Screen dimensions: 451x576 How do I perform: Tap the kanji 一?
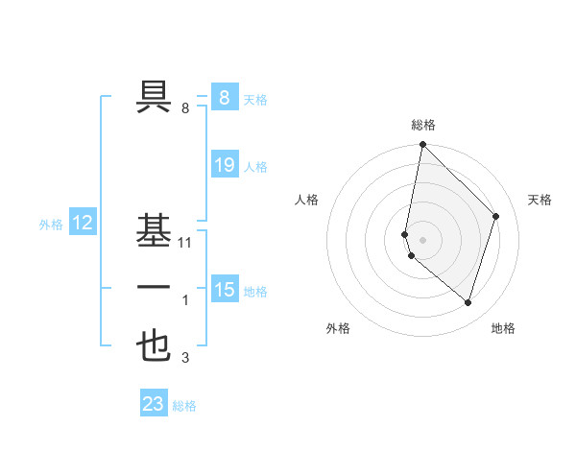tap(154, 289)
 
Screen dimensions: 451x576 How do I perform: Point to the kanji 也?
tap(154, 346)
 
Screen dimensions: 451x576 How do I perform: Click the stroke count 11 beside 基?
tap(185, 243)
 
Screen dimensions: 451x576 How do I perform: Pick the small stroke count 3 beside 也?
tap(185, 359)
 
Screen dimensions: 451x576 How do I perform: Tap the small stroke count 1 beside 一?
tap(185, 301)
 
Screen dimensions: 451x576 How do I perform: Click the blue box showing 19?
tap(224, 165)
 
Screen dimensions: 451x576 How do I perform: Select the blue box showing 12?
tap(83, 224)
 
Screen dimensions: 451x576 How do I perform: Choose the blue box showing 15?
tap(224, 289)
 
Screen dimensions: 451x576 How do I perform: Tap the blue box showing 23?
tap(154, 404)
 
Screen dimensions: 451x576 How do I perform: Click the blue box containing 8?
tap(224, 97)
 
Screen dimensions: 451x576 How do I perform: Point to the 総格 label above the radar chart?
tap(422, 125)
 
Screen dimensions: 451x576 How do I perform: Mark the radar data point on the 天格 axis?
tap(496, 216)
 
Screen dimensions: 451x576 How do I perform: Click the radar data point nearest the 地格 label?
tap(468, 302)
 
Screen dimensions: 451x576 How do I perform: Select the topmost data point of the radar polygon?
tap(422, 145)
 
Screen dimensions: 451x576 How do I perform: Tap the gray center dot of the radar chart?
tap(422, 239)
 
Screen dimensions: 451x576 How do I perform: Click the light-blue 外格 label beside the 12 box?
tap(51, 225)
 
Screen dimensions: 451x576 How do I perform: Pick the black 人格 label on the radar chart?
tap(307, 200)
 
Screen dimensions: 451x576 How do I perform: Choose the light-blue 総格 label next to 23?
tap(185, 406)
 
